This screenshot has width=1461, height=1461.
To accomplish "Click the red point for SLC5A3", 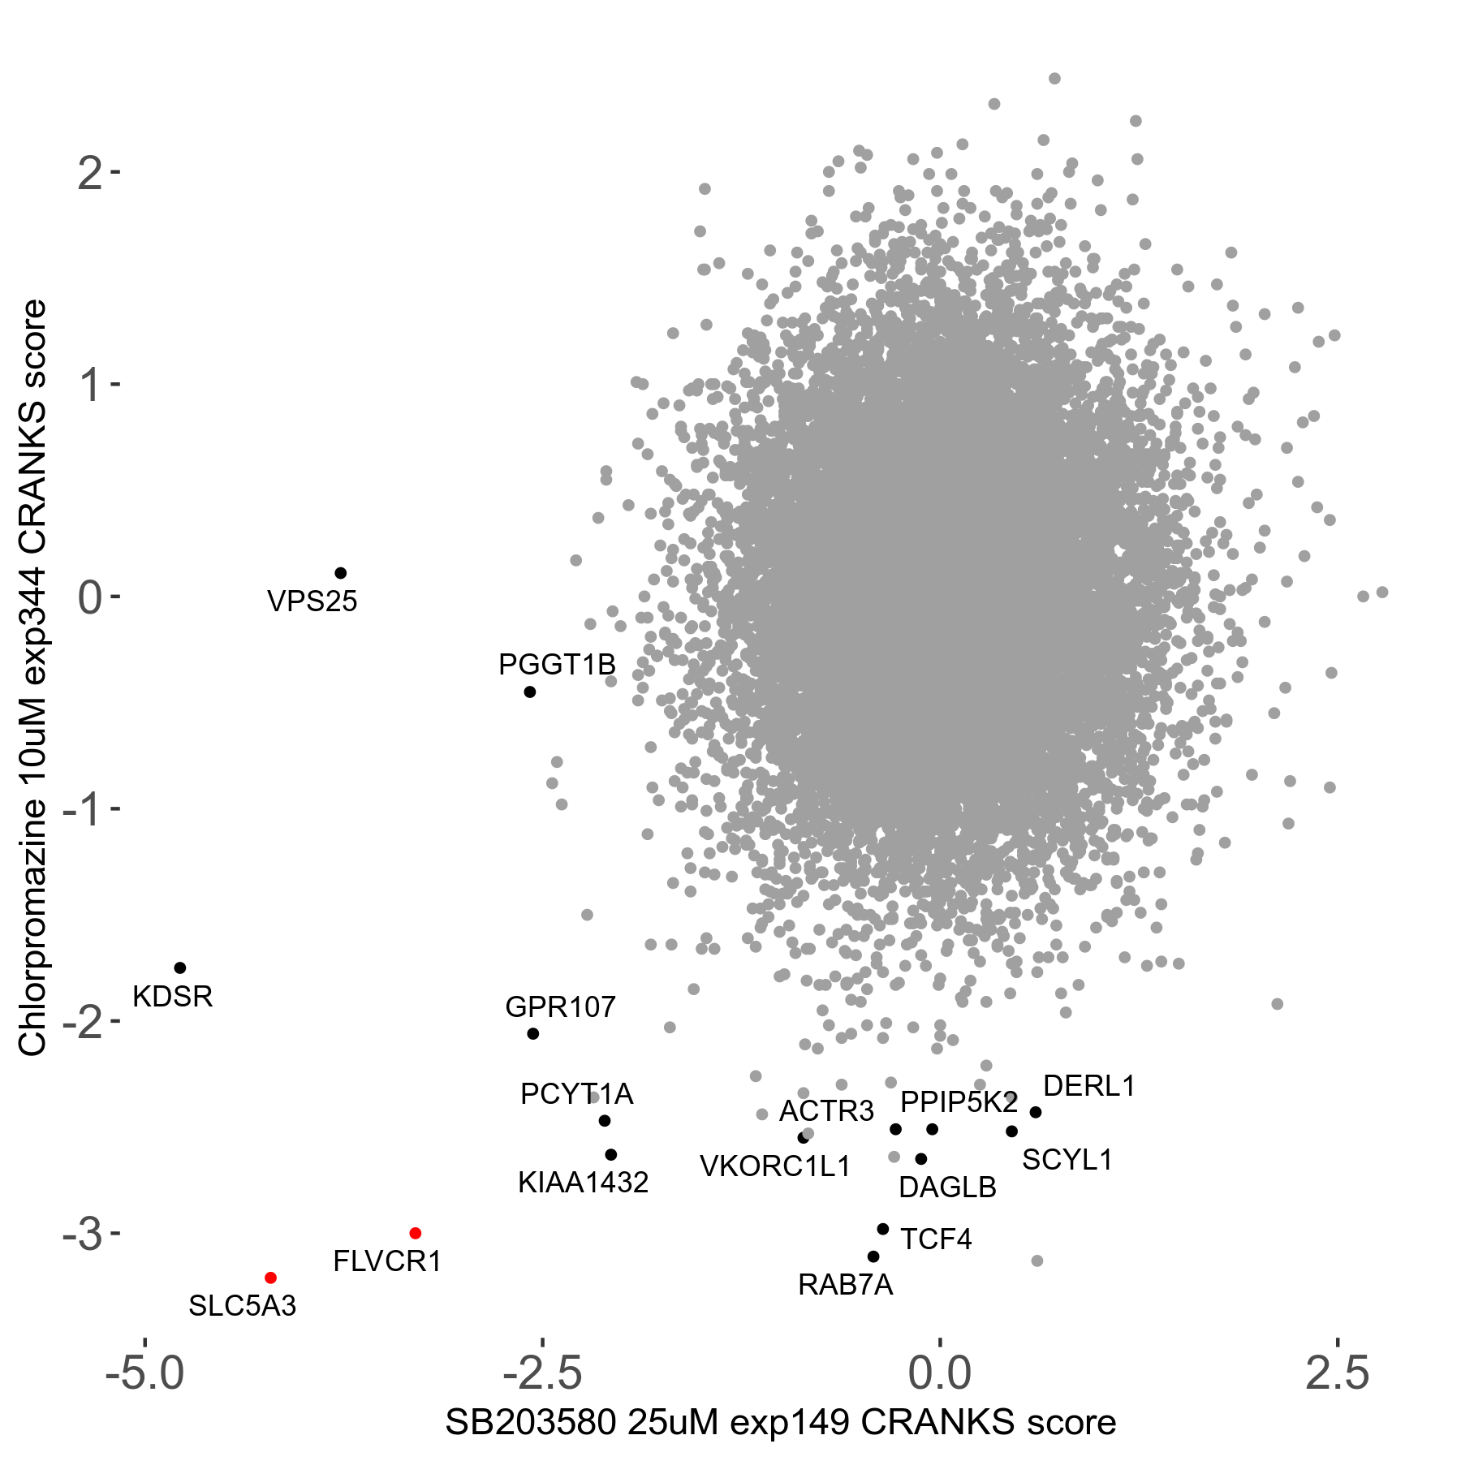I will coord(271,1278).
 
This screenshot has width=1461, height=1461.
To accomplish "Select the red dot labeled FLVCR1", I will coord(416,1234).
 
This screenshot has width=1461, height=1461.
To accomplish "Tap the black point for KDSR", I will coord(180,968).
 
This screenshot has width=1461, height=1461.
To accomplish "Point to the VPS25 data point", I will coord(341,574).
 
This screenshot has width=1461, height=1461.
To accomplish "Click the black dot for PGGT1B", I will coord(530,692).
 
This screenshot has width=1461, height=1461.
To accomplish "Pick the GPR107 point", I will coord(533,1034).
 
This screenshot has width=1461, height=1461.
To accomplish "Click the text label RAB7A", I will coord(846,1286).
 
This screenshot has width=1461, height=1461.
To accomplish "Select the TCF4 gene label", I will coord(936,1239).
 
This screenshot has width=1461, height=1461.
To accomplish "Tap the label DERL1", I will coord(1088,1086).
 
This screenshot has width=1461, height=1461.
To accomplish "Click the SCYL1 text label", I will coord(1067,1161).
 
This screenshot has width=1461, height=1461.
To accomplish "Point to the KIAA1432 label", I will coord(584,1183).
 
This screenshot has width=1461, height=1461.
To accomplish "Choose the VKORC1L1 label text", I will coord(775,1167).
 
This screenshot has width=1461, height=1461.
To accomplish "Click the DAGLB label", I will coord(947,1188).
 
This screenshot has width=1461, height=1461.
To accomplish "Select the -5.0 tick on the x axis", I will coord(145,1374).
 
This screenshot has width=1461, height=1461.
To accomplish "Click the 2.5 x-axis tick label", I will coord(1337,1374).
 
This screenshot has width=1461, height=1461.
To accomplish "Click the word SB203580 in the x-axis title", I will coord(531,1423).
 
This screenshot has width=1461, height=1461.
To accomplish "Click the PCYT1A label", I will coord(576,1095).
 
